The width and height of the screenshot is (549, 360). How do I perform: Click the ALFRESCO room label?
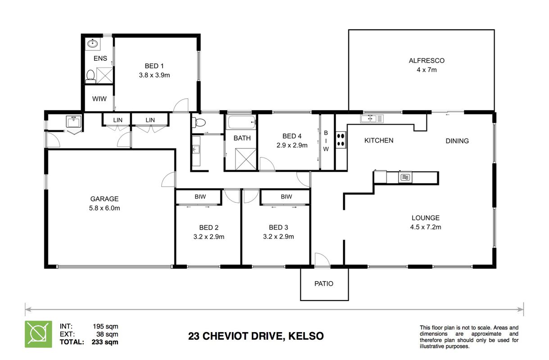point(426,60)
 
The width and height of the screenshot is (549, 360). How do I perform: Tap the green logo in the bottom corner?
point(38,334)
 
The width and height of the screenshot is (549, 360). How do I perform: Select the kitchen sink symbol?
point(372,119)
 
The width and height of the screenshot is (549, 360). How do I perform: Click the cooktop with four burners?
point(340,140)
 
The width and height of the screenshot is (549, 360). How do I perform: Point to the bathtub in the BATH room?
point(242,122)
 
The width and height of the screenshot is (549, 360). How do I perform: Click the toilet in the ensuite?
point(91,76)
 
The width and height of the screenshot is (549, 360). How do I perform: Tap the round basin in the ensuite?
point(92,44)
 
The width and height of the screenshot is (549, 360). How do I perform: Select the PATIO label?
point(324,283)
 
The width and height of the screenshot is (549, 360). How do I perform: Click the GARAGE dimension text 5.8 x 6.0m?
point(104,208)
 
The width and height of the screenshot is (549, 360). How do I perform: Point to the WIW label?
point(99,99)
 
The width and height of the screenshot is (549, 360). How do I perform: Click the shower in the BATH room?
point(245,159)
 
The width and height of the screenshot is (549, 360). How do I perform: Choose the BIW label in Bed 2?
point(200,196)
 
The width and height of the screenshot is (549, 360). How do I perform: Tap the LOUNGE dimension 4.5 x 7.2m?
point(426,227)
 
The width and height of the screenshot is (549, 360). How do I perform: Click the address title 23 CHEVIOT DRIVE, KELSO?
point(256,336)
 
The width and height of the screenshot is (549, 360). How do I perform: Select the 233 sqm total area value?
point(105,342)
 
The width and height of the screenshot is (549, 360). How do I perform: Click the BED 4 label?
point(292,136)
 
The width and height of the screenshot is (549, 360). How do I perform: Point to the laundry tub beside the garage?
point(73,121)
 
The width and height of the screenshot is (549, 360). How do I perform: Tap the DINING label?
point(457,141)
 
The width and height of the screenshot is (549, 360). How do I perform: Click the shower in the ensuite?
point(104,76)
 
